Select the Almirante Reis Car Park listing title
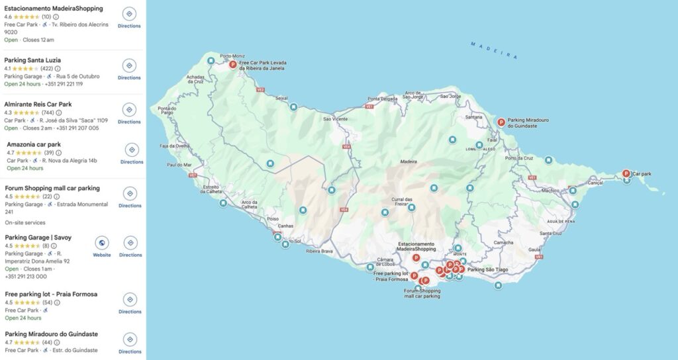coord(38,105)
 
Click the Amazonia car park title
coord(34,144)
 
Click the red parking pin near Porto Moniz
coord(232,64)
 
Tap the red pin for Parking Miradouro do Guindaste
coord(501,122)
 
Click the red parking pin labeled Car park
coord(626,173)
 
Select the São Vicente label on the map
coord(335,119)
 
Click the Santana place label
coord(474,117)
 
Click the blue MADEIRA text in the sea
coord(494,51)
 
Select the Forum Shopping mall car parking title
coord(52,188)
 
